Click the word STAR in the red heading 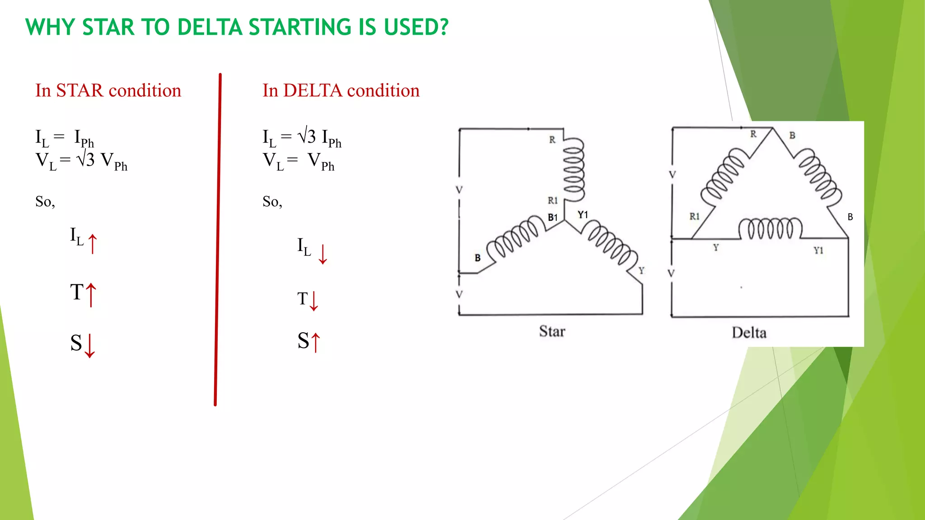79,91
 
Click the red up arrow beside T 91,295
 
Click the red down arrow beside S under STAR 90,346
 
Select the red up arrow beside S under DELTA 316,342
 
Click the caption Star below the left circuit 552,331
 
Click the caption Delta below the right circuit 749,333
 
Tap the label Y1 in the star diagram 583,215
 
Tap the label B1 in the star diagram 553,218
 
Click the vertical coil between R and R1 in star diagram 574,169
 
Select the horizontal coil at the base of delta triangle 770,228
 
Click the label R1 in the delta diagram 694,217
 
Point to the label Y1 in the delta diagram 818,251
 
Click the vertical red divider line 218,239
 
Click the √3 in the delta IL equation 307,136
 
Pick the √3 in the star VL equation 86,159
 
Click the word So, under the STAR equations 45,201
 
